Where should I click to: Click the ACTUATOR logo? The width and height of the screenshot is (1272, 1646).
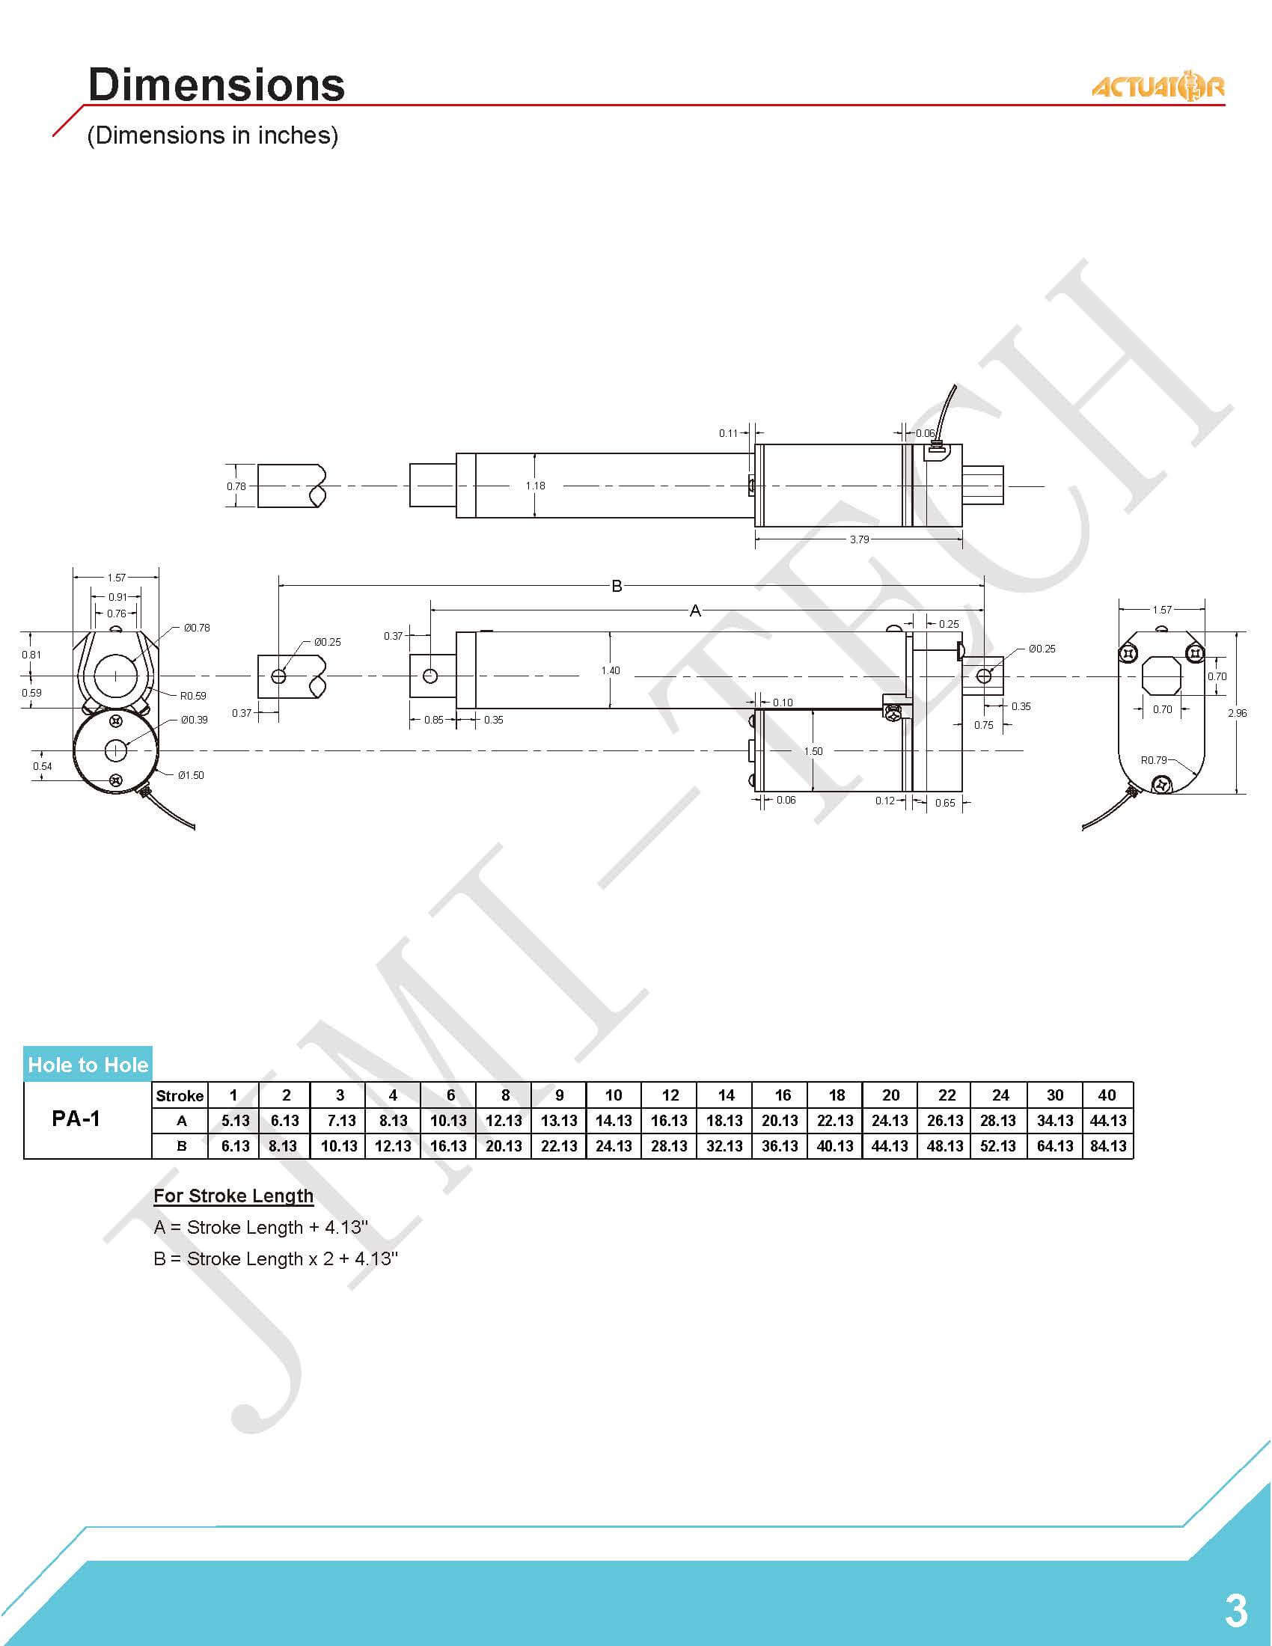1158,87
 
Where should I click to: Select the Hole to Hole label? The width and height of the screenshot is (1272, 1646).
88,1064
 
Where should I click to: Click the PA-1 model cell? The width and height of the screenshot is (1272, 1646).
76,1119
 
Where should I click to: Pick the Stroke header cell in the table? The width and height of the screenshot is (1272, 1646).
180,1095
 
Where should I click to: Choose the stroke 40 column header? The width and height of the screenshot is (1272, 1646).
1106,1095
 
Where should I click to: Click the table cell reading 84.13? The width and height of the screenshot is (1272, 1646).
1107,1145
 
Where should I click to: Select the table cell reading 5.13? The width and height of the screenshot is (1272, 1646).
235,1121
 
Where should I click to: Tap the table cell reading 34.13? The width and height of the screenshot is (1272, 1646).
1054,1121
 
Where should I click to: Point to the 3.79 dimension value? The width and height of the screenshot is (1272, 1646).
859,539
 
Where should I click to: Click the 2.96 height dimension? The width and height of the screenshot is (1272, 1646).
1238,713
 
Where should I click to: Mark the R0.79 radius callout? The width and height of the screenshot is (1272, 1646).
1153,759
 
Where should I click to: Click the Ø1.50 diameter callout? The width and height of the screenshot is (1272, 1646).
191,775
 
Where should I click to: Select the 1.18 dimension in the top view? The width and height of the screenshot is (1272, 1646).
535,486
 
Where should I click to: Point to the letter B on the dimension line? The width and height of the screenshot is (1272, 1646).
617,586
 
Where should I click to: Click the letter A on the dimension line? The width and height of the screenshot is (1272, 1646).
695,611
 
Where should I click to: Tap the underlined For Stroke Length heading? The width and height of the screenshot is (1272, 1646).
233,1196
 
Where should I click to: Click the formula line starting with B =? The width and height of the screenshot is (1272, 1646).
276,1258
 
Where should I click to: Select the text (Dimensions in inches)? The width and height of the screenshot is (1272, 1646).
212,135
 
